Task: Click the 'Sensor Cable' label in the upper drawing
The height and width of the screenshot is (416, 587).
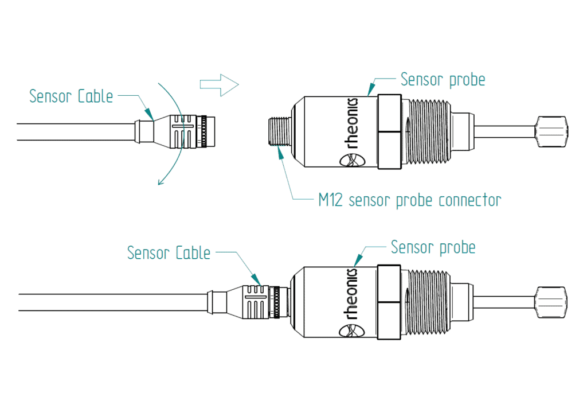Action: click(71, 96)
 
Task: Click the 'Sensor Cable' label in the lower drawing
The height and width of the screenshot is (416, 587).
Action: click(169, 252)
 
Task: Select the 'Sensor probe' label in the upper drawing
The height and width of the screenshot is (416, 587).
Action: click(443, 79)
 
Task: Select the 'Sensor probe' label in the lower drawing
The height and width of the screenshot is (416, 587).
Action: click(433, 247)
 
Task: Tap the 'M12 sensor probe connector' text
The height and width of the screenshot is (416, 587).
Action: click(409, 200)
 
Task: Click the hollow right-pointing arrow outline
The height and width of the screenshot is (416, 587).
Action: click(218, 85)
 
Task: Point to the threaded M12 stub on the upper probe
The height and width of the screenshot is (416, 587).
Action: click(280, 132)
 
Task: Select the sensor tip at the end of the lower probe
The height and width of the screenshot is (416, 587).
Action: click(552, 302)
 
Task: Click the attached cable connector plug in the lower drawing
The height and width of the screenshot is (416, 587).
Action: click(258, 301)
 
